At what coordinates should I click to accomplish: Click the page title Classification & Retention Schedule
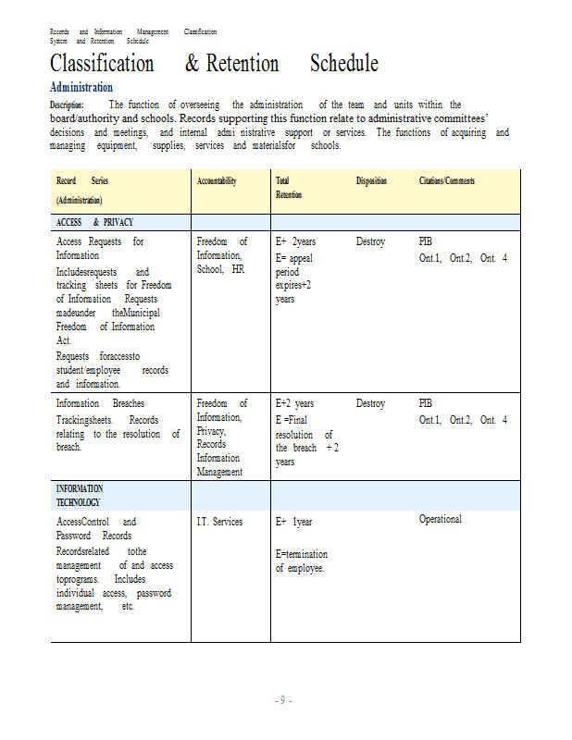214,64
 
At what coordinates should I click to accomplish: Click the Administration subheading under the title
81,87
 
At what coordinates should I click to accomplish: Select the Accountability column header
217,181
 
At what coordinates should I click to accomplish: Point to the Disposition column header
371,181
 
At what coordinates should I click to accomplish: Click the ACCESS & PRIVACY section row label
94,222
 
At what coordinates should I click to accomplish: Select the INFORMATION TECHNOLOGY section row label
80,496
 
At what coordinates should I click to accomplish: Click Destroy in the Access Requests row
370,242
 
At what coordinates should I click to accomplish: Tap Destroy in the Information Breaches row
370,404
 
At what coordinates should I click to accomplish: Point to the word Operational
440,520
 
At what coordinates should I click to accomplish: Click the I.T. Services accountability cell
219,523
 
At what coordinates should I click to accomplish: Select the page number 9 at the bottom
284,700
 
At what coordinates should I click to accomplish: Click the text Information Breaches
100,404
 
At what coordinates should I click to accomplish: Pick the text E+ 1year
293,523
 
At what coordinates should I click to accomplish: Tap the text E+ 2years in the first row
295,242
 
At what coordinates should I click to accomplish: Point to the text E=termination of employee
301,561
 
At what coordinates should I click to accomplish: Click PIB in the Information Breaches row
425,404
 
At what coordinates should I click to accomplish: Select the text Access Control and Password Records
95,528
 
